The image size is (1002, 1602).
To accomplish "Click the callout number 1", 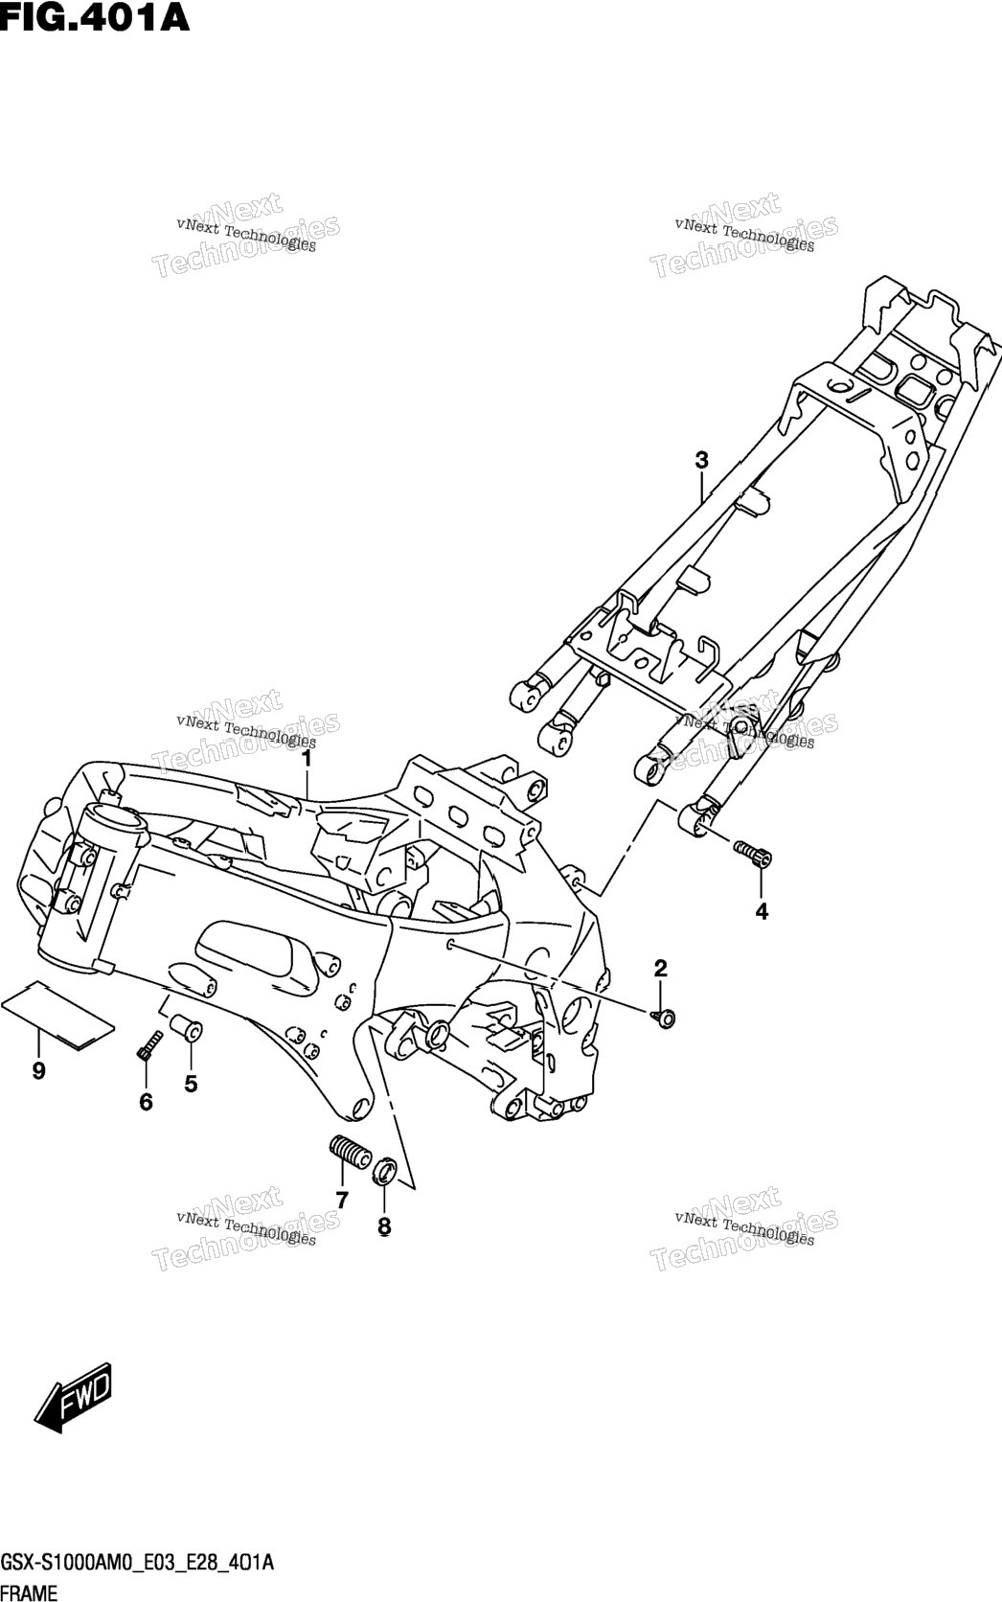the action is coord(307,759).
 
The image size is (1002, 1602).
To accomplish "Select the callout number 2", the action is coord(660,969).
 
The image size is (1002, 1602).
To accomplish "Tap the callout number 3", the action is coord(701,460).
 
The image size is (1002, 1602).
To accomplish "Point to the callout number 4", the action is coord(762,911).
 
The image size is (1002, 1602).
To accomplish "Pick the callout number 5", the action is coord(191,1085).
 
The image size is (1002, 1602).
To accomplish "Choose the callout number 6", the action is coord(146,1102).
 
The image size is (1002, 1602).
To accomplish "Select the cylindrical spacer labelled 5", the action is coord(185,1030).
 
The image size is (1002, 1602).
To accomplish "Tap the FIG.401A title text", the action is coord(95,17).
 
